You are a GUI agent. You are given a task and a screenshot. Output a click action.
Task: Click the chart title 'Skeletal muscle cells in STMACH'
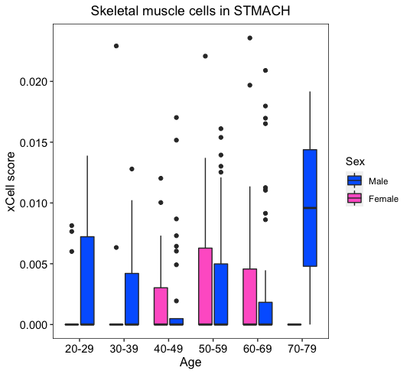coord(190,11)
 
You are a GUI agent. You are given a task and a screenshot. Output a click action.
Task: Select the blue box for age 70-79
coord(310,208)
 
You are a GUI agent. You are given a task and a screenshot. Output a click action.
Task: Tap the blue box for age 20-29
coord(87,281)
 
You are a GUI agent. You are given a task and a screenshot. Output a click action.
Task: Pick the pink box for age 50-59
coord(205,286)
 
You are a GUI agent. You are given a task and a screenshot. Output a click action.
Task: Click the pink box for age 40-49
coord(161,306)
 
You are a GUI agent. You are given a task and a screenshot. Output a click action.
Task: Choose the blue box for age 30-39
coord(132,299)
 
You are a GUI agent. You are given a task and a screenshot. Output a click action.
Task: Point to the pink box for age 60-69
coord(249,297)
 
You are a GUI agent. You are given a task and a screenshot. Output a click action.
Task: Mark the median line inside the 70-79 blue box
coord(310,208)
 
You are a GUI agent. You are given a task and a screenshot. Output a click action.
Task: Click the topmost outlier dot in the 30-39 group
coord(116,46)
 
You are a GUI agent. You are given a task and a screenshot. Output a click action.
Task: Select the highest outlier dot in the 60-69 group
coord(249,38)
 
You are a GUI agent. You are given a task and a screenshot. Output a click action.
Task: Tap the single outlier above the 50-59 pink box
coord(205,56)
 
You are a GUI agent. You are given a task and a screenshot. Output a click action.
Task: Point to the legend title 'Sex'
coord(355,161)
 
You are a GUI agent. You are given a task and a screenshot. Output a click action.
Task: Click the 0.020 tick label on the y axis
coord(33,82)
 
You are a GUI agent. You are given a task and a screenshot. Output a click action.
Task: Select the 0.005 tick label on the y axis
coord(33,264)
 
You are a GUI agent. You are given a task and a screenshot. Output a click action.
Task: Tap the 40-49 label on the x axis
coord(168,349)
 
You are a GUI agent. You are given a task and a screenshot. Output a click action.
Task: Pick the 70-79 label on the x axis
coord(302,349)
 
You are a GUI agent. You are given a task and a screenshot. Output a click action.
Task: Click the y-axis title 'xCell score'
coord(11,181)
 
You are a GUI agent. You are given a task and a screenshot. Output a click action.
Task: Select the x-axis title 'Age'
coord(190,363)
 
